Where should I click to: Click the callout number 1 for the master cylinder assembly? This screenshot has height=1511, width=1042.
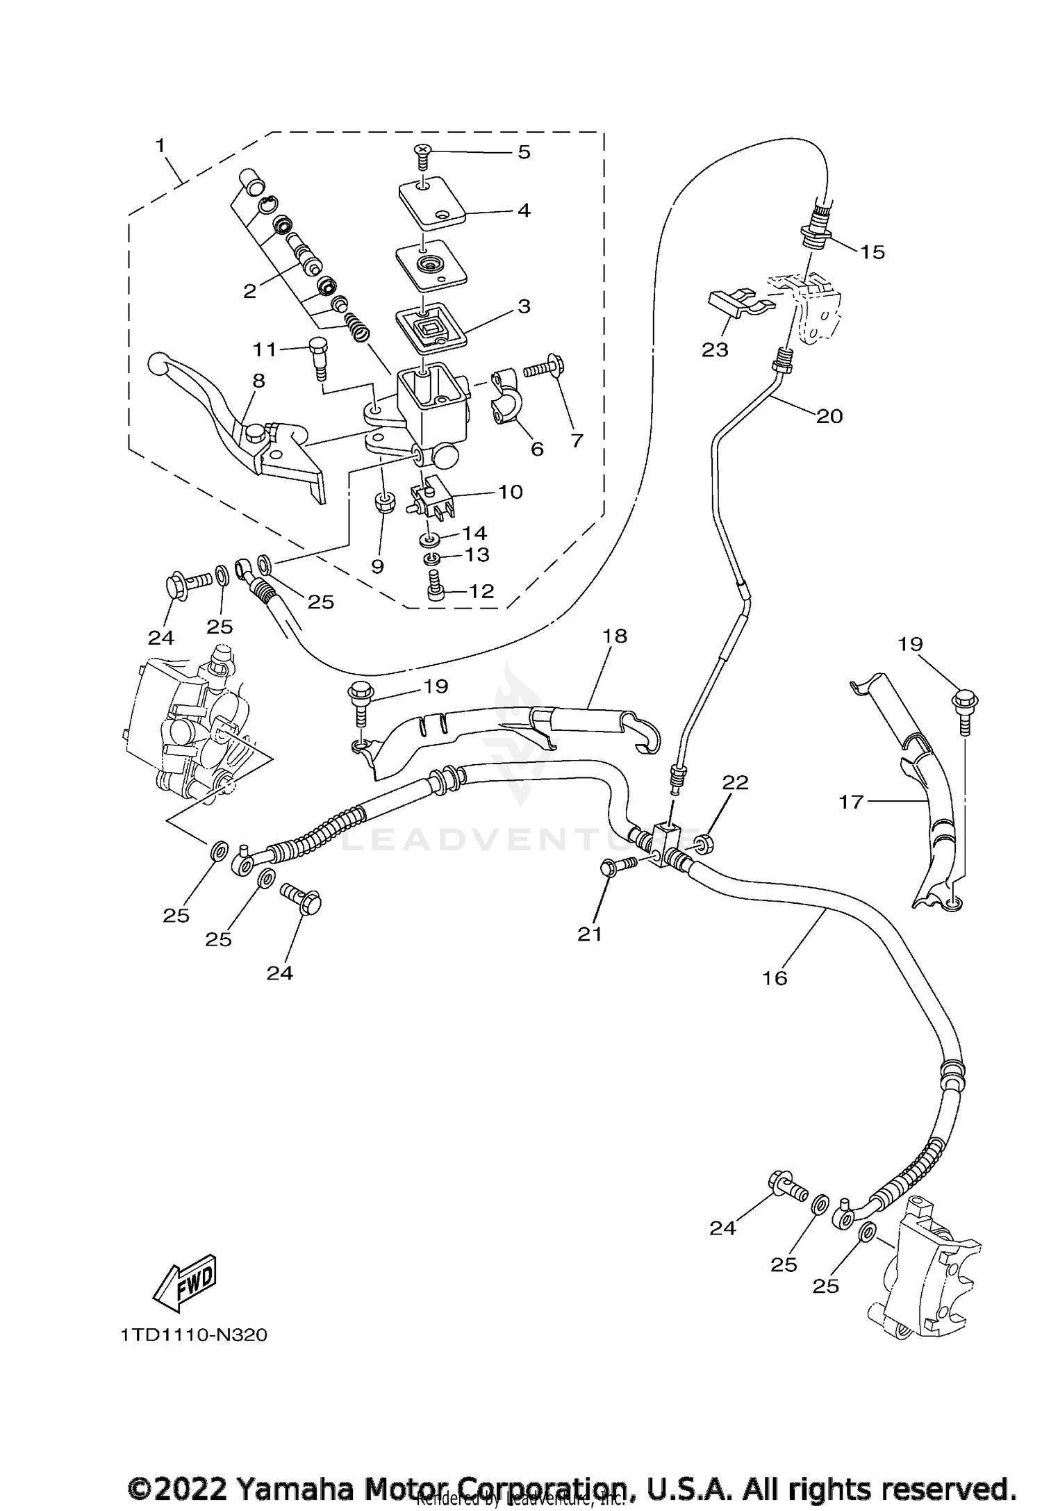click(160, 146)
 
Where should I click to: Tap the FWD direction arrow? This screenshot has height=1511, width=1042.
click(185, 1280)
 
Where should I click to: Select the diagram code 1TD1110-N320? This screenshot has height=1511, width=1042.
click(194, 1336)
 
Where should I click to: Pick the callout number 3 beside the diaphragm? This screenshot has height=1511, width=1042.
click(523, 306)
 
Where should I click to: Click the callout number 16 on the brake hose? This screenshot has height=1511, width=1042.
click(775, 978)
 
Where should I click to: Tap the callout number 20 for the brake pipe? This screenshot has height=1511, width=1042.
click(829, 416)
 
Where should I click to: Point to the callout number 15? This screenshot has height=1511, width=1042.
click(873, 252)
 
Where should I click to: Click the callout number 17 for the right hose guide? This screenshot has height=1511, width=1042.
click(850, 802)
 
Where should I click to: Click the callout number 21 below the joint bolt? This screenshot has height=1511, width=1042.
click(590, 935)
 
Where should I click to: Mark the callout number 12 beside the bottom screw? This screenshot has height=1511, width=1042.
click(481, 591)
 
